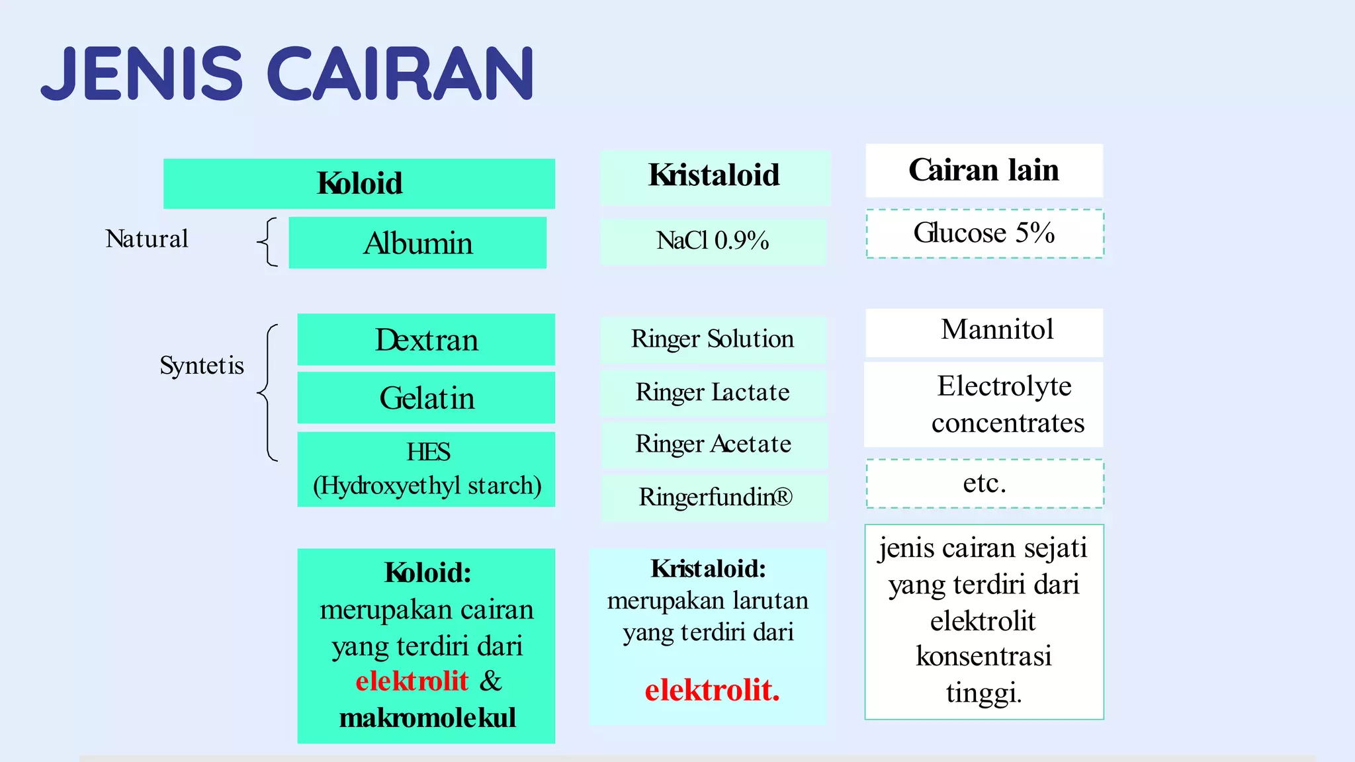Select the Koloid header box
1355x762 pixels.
pyautogui.click(x=359, y=183)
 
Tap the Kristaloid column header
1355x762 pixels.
pyautogui.click(x=715, y=176)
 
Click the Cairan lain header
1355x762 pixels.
pyautogui.click(x=984, y=170)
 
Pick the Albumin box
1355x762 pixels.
pyautogui.click(x=417, y=243)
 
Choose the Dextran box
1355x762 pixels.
pyautogui.click(x=426, y=339)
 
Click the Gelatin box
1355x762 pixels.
pyautogui.click(x=426, y=398)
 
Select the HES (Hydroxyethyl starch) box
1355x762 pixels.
pyautogui.click(x=426, y=469)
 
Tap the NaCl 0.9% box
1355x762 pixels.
pyautogui.click(x=713, y=241)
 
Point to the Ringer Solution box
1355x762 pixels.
pyautogui.click(x=713, y=339)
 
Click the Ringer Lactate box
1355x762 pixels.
pyautogui.click(x=713, y=392)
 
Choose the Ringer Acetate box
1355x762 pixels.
pyautogui.click(x=713, y=444)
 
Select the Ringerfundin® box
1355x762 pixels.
pyautogui.click(x=715, y=497)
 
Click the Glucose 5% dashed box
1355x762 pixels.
pyautogui.click(x=984, y=233)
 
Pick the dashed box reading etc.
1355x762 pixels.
pyautogui.click(x=984, y=483)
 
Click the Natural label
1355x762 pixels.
pyautogui.click(x=147, y=239)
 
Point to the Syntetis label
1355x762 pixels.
pyautogui.click(x=202, y=365)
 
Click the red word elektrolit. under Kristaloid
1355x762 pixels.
pyautogui.click(x=712, y=690)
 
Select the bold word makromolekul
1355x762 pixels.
pyautogui.click(x=427, y=718)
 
